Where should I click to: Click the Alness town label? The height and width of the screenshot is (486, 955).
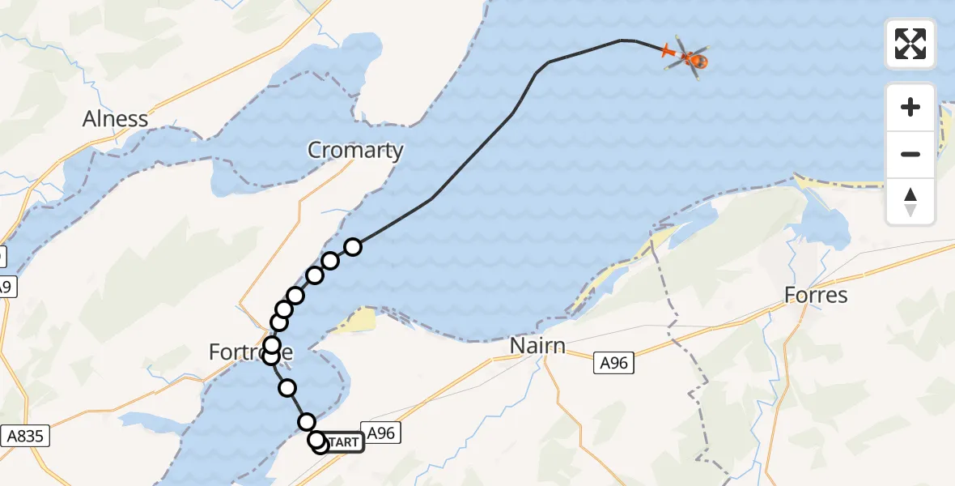pos(116,119)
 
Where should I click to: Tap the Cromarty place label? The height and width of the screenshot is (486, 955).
pos(355,150)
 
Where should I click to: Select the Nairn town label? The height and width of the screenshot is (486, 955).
pos(537,347)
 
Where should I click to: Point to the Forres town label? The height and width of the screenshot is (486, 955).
pos(816,295)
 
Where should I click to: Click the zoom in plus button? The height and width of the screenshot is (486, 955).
pos(910,107)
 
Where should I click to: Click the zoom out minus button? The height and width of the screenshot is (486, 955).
pos(910,154)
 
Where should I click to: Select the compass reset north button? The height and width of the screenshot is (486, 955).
pos(910,201)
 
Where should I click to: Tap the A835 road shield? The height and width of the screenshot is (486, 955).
pos(24,436)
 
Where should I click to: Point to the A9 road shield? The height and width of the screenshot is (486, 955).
pos(4,286)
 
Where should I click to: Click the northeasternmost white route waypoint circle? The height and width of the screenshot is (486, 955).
pos(352,246)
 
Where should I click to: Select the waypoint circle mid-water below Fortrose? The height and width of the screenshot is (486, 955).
pos(287,388)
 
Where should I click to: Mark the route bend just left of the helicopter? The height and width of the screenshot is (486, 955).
pos(622,40)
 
